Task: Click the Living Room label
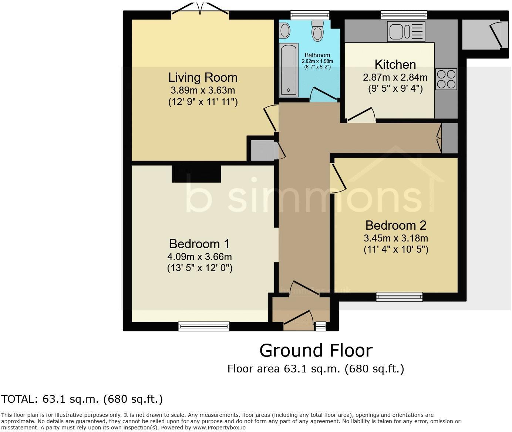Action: click(203, 77)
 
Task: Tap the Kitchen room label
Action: click(395, 64)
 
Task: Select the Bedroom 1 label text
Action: click(199, 244)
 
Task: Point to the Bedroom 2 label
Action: click(396, 225)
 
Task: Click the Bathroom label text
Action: click(317, 55)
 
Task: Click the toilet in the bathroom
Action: click(317, 30)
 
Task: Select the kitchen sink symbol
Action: click(406, 31)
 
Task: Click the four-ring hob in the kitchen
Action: click(446, 79)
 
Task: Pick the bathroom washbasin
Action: click(284, 30)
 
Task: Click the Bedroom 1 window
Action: click(203, 326)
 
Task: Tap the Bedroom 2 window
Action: click(399, 297)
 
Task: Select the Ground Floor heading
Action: click(316, 350)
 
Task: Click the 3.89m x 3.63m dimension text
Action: click(203, 90)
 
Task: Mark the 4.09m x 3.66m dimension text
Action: click(199, 256)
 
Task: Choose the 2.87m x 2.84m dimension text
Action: click(395, 77)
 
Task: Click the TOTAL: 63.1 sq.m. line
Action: click(82, 399)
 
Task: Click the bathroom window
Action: click(310, 15)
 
